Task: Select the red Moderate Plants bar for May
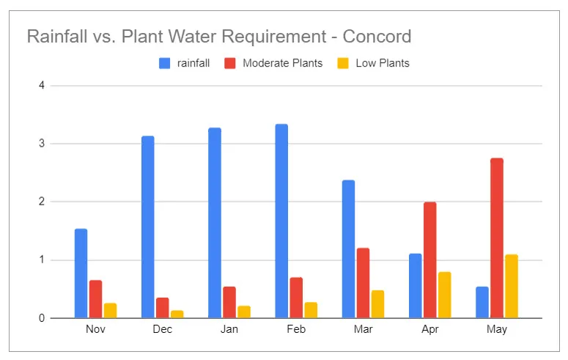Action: (x=497, y=238)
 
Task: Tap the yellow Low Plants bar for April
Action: (x=445, y=295)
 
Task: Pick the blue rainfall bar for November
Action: (x=81, y=273)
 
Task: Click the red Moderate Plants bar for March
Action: (x=363, y=283)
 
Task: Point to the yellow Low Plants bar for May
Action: (x=512, y=286)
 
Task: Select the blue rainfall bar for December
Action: (x=148, y=227)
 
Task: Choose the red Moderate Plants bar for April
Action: (x=430, y=260)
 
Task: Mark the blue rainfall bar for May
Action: (x=482, y=302)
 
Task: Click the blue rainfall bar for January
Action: (x=215, y=223)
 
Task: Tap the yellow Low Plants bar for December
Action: (x=177, y=314)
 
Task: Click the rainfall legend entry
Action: (x=185, y=63)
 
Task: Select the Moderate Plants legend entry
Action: (x=274, y=63)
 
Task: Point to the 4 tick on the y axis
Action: (x=42, y=86)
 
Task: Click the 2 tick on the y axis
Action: (x=42, y=202)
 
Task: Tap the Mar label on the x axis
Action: (x=363, y=330)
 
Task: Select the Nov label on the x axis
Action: (x=95, y=330)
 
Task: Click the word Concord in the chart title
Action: (x=375, y=36)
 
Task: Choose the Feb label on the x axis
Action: (x=296, y=330)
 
